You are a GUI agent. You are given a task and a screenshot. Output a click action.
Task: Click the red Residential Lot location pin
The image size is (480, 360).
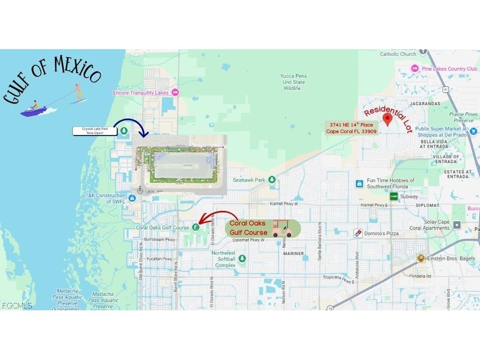pyautogui.click(x=387, y=120)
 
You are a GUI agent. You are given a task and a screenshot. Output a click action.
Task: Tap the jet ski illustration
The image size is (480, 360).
pyautogui.click(x=34, y=109)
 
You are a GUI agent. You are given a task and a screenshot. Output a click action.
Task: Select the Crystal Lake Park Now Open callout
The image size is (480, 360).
pyautogui.click(x=94, y=131)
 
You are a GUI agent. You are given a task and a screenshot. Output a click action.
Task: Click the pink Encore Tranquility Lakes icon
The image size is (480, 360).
pyautogui.click(x=175, y=92)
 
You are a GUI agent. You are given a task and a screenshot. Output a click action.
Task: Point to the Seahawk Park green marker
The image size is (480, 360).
pyautogui.click(x=272, y=180)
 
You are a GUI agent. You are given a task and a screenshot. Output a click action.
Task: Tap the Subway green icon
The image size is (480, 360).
pyautogui.click(x=394, y=196)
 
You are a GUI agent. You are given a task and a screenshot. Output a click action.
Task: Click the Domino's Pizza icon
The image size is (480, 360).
pyautogui.click(x=358, y=233)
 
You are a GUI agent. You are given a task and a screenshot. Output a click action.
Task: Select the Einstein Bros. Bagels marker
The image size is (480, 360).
pyautogui.click(x=420, y=258)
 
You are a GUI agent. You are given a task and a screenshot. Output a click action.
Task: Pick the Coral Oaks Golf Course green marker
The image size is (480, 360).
pyautogui.click(x=195, y=228)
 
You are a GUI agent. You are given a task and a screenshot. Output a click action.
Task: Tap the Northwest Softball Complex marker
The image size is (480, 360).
pyautogui.click(x=242, y=259)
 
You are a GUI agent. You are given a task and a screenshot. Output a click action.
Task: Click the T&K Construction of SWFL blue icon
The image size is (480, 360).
pyautogui.click(x=132, y=198)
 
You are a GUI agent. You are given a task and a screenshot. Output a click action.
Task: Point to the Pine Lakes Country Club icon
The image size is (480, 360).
pyautogui.click(x=414, y=69)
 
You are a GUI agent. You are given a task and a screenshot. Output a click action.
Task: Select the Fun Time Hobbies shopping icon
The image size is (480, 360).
pyautogui.click(x=359, y=183)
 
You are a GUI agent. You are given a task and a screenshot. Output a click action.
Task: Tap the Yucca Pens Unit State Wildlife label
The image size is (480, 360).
pyautogui.click(x=293, y=82)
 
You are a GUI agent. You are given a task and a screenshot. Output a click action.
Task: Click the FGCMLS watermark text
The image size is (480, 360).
pyautogui.click(x=17, y=306)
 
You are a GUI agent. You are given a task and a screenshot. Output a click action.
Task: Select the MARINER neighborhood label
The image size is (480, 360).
pyautogui.click(x=293, y=254)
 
